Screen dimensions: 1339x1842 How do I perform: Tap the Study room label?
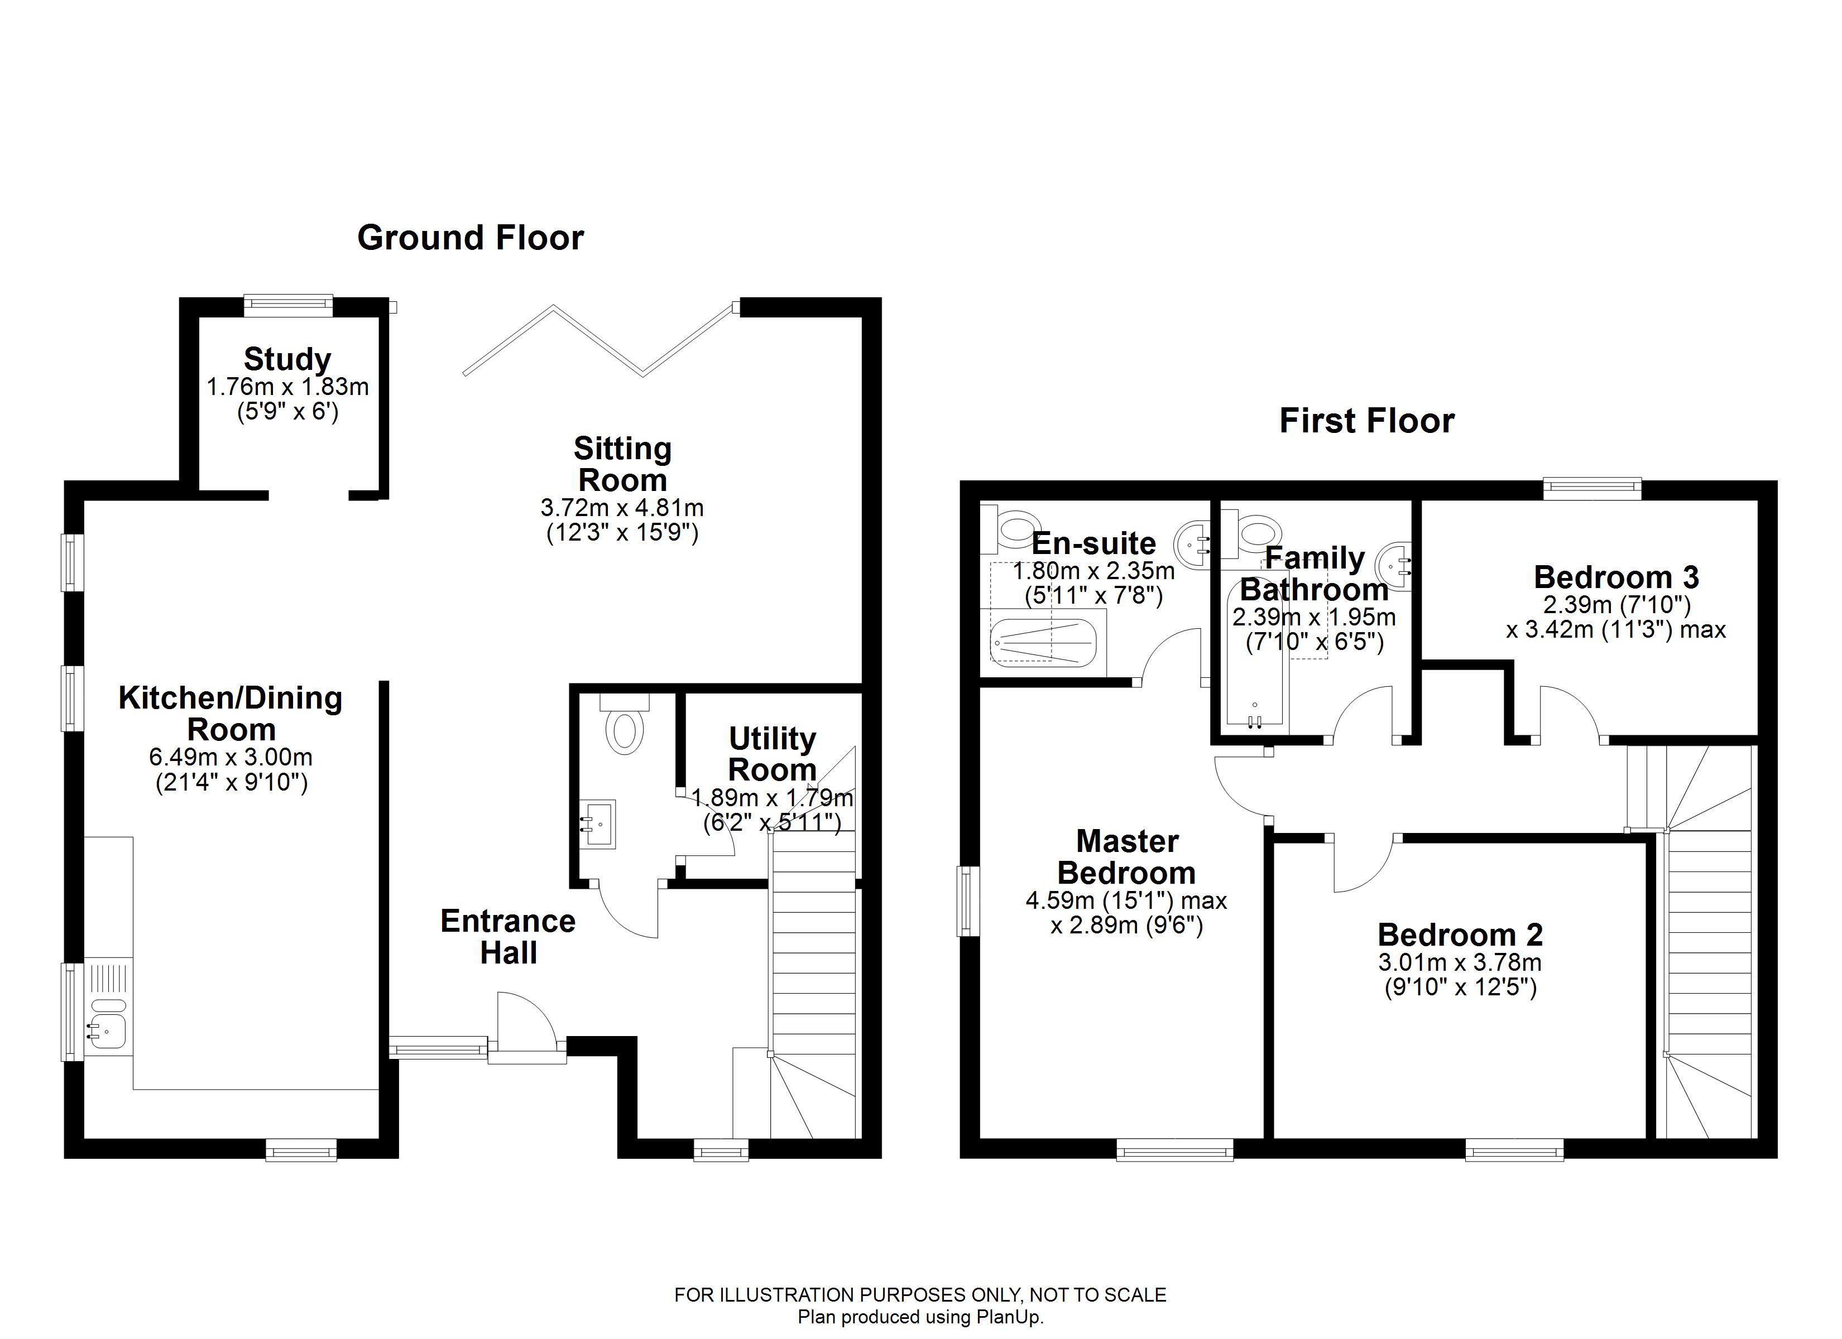[x=287, y=359]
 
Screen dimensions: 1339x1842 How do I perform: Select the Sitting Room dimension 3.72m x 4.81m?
[x=622, y=508]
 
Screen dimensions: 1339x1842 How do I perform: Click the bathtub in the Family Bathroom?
[x=1255, y=666]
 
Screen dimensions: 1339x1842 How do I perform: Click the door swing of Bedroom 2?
[x=1363, y=865]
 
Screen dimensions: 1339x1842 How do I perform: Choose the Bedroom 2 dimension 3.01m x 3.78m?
[x=1460, y=963]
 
